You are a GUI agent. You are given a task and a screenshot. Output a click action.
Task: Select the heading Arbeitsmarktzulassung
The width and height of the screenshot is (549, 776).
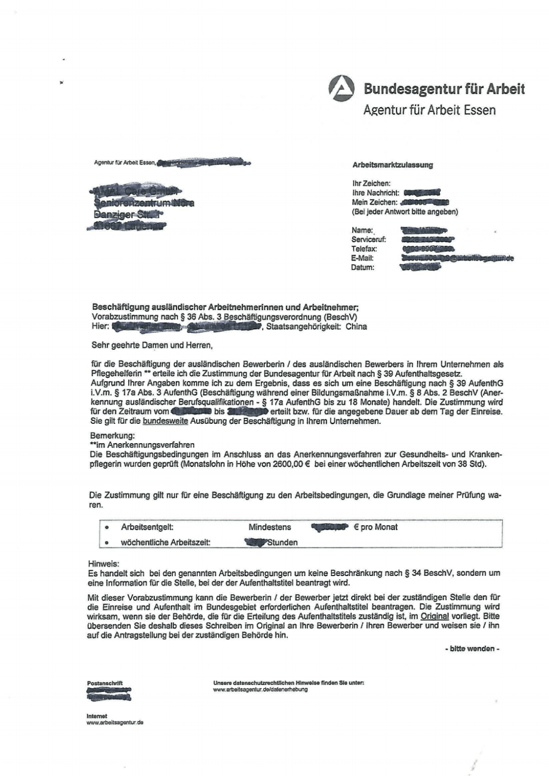click(x=392, y=165)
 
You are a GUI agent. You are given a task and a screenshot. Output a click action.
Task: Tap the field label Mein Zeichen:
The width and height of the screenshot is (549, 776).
click(x=374, y=203)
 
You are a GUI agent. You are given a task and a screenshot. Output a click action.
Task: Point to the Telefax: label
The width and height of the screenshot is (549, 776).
click(x=364, y=249)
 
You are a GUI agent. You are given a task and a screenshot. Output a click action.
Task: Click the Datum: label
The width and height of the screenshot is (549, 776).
click(x=362, y=268)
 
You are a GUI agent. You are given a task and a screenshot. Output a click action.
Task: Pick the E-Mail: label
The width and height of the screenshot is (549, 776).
click(x=362, y=258)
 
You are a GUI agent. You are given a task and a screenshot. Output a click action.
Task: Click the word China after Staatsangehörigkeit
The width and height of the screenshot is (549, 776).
click(x=356, y=327)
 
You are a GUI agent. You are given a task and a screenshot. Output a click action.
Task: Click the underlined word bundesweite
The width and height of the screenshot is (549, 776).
click(x=166, y=421)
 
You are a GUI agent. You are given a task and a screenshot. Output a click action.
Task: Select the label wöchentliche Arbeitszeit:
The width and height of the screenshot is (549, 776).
click(x=165, y=542)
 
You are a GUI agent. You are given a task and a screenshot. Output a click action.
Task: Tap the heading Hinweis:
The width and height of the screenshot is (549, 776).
click(x=103, y=564)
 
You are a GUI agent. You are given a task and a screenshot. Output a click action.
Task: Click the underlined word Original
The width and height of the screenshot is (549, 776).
click(x=435, y=616)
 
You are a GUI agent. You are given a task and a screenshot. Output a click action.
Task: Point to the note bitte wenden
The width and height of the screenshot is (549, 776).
click(x=472, y=649)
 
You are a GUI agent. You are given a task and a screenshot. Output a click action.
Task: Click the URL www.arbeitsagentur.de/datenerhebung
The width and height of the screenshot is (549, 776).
click(x=260, y=690)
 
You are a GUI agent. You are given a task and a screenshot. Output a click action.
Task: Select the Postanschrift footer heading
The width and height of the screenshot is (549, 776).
click(x=105, y=683)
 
